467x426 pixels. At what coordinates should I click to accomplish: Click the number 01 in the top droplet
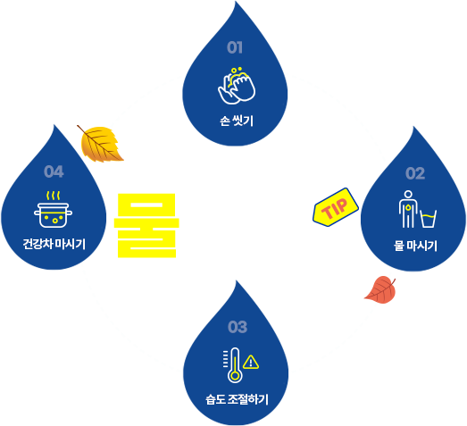click(x=235, y=47)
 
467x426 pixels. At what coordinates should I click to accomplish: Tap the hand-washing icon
click(x=237, y=86)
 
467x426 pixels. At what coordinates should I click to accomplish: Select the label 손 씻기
click(x=237, y=121)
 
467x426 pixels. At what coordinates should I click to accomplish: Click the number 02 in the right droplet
click(x=415, y=173)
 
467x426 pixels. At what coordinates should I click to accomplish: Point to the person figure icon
click(x=408, y=209)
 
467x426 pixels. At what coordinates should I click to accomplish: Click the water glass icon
click(x=429, y=219)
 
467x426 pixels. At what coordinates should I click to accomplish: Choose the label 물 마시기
click(x=415, y=246)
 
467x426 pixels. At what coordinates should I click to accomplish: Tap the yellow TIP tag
click(x=336, y=207)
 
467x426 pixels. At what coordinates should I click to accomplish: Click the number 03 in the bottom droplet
click(x=238, y=327)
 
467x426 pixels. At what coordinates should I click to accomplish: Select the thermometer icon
click(x=233, y=365)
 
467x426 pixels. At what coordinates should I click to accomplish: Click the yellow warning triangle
click(x=251, y=362)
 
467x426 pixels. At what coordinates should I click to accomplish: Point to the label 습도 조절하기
click(x=238, y=399)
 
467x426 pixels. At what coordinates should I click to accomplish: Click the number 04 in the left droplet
click(x=54, y=171)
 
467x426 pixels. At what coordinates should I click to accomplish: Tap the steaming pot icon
click(x=53, y=210)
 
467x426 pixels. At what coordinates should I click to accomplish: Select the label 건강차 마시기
click(x=54, y=245)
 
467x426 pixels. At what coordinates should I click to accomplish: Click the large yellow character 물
click(x=146, y=226)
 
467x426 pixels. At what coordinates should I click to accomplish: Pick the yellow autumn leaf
click(x=100, y=144)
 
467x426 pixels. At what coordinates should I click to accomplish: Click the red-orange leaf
click(x=380, y=289)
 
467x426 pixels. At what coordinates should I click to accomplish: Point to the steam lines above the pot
click(x=53, y=196)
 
